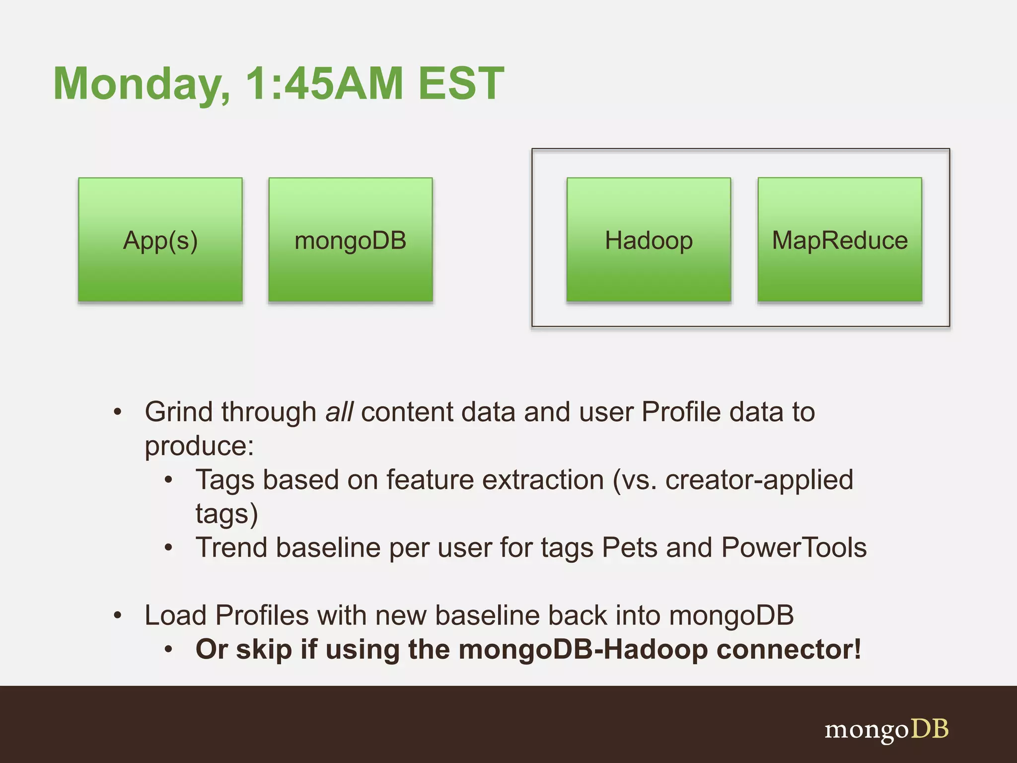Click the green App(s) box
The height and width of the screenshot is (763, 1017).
160,240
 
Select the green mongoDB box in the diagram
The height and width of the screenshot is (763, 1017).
351,240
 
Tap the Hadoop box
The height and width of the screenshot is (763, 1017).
649,240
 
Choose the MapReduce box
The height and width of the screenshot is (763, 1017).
840,240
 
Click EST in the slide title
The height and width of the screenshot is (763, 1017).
461,83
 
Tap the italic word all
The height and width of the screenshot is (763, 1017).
339,412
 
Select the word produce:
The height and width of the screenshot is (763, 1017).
199,446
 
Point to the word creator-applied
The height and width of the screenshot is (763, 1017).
759,480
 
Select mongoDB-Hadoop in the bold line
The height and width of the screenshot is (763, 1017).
583,649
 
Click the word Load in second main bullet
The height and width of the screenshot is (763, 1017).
175,615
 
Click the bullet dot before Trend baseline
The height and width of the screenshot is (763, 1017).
169,548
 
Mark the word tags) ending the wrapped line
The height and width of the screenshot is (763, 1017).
226,515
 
